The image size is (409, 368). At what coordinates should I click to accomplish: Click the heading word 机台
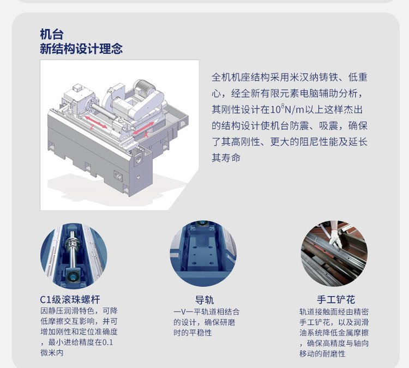[x=52, y=34]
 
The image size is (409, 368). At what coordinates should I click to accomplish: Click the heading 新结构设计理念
[x=81, y=49]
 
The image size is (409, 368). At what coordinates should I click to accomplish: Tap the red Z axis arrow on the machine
[x=95, y=122]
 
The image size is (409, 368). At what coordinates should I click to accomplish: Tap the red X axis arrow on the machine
[x=143, y=128]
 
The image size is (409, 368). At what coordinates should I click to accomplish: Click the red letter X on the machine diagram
[x=146, y=135]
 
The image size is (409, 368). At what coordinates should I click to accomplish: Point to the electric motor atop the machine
[x=143, y=87]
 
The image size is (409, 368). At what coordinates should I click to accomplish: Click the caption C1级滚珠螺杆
[x=70, y=299]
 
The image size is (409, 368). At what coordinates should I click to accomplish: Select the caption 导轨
[x=204, y=300]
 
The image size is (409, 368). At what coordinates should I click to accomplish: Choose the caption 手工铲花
[x=336, y=299]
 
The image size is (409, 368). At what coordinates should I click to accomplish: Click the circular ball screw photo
[x=74, y=256]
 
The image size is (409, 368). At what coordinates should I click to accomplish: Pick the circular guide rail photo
[x=203, y=254]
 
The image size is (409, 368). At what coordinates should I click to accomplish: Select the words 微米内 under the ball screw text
[x=52, y=353]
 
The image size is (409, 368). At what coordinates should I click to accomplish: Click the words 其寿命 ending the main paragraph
[x=226, y=158]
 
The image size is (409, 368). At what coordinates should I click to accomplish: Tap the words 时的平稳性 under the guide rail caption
[x=193, y=333]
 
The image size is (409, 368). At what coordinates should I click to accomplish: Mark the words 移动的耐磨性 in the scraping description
[x=322, y=354]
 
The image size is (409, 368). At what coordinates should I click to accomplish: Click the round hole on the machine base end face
[x=138, y=159]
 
